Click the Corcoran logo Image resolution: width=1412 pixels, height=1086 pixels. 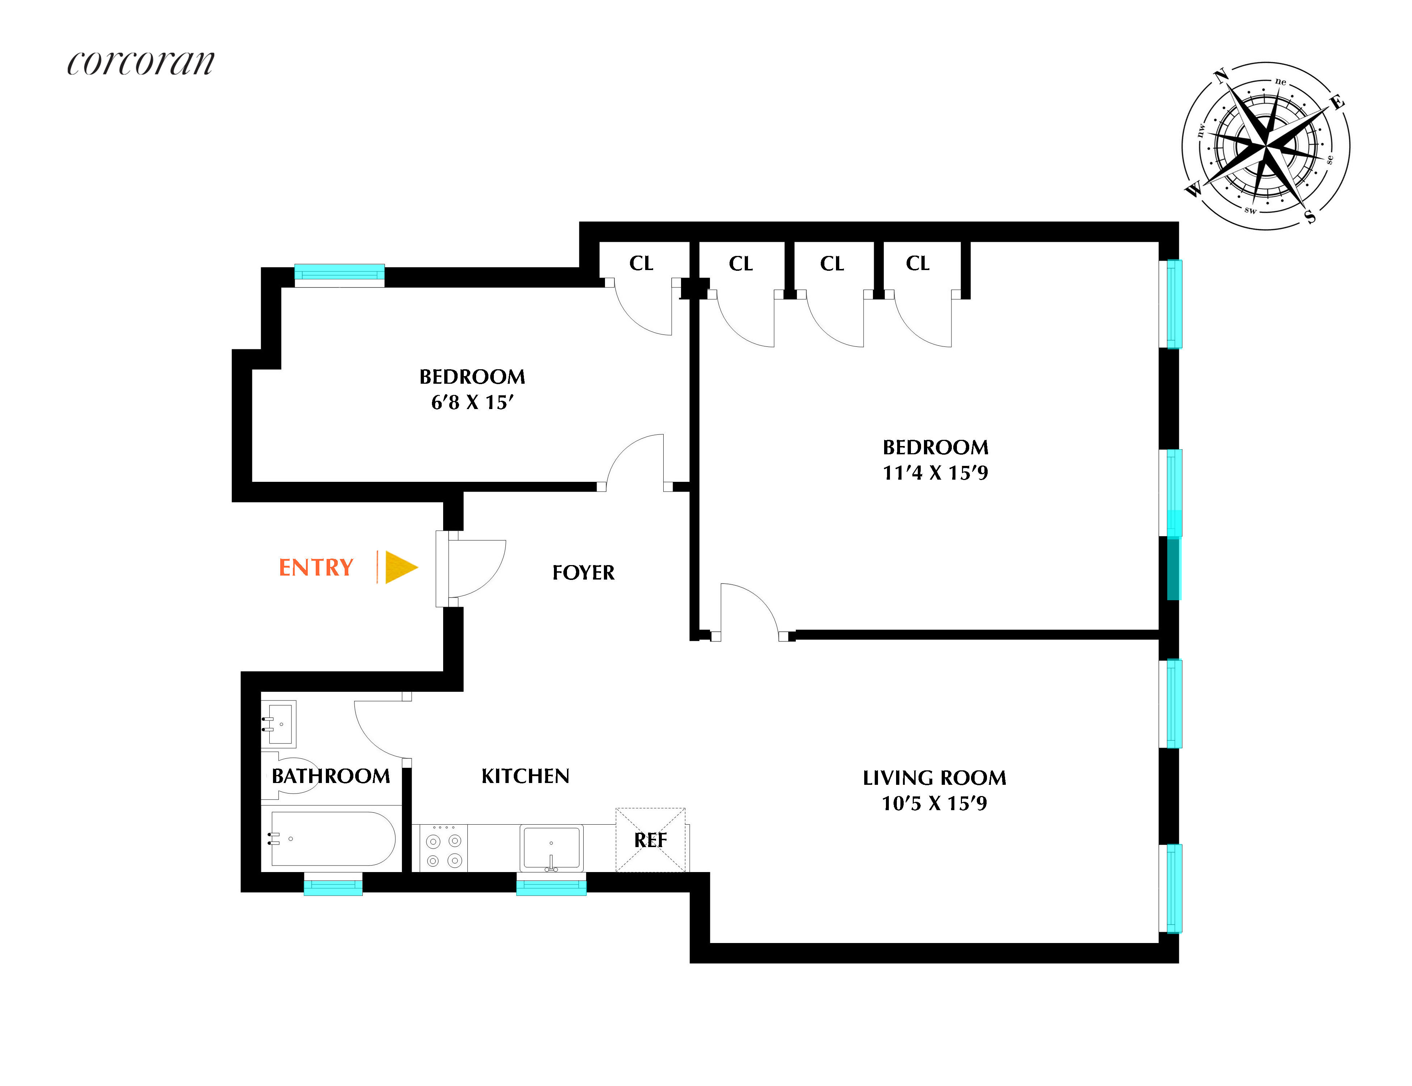(140, 63)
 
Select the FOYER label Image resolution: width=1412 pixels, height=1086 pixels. (583, 573)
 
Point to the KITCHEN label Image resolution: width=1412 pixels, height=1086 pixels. (525, 776)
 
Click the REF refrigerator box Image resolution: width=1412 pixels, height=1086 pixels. (650, 840)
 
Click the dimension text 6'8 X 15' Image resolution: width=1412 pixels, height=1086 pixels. (472, 403)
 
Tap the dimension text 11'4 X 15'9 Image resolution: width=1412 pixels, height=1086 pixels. (935, 473)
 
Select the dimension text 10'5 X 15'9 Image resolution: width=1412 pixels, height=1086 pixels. (934, 804)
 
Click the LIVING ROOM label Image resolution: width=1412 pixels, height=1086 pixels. (934, 778)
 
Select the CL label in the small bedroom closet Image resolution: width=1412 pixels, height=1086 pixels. (641, 264)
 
